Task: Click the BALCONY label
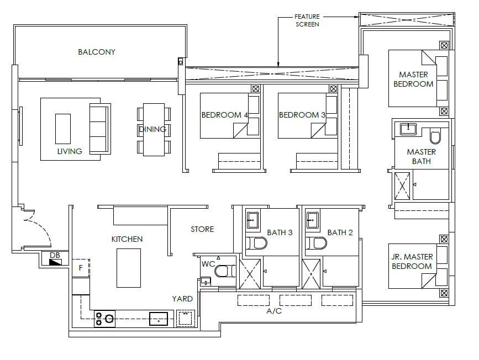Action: click(97, 52)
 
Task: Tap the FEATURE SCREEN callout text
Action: click(307, 20)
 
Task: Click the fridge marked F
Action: click(81, 268)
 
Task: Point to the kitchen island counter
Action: click(129, 268)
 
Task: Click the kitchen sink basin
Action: click(158, 319)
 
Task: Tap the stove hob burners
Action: click(104, 319)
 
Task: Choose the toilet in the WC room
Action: click(225, 271)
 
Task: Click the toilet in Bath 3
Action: click(256, 243)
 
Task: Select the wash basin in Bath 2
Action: click(312, 220)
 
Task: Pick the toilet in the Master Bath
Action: click(435, 137)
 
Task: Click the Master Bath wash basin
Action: click(408, 129)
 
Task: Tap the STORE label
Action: click(202, 229)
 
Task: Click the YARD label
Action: click(182, 299)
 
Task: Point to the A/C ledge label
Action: click(274, 311)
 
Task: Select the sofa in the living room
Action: click(100, 129)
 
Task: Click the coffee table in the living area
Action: click(63, 129)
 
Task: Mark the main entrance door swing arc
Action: click(42, 224)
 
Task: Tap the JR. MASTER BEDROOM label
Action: click(412, 261)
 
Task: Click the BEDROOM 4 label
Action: click(224, 115)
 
